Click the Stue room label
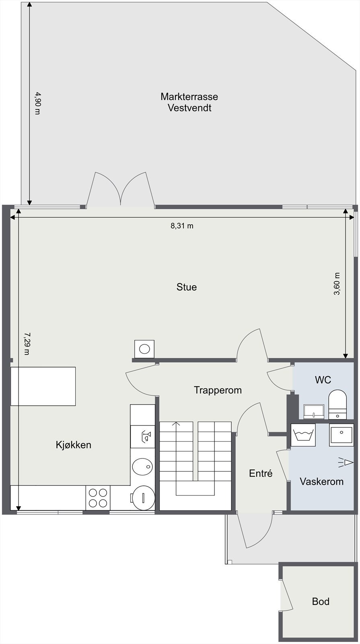pyautogui.click(x=187, y=287)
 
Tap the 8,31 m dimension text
pyautogui.click(x=182, y=226)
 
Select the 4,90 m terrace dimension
pyautogui.click(x=37, y=103)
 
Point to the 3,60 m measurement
pyautogui.click(x=337, y=284)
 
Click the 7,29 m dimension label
pyautogui.click(x=27, y=343)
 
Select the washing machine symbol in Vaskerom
pyautogui.click(x=303, y=435)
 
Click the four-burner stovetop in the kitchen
pyautogui.click(x=98, y=498)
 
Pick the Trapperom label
pyautogui.click(x=218, y=390)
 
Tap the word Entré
pyautogui.click(x=261, y=473)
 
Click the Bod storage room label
pyautogui.click(x=321, y=601)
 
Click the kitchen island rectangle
pyautogui.click(x=43, y=386)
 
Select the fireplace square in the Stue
pyautogui.click(x=144, y=349)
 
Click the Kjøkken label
pyautogui.click(x=73, y=445)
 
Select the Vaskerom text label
pyautogui.click(x=321, y=481)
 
